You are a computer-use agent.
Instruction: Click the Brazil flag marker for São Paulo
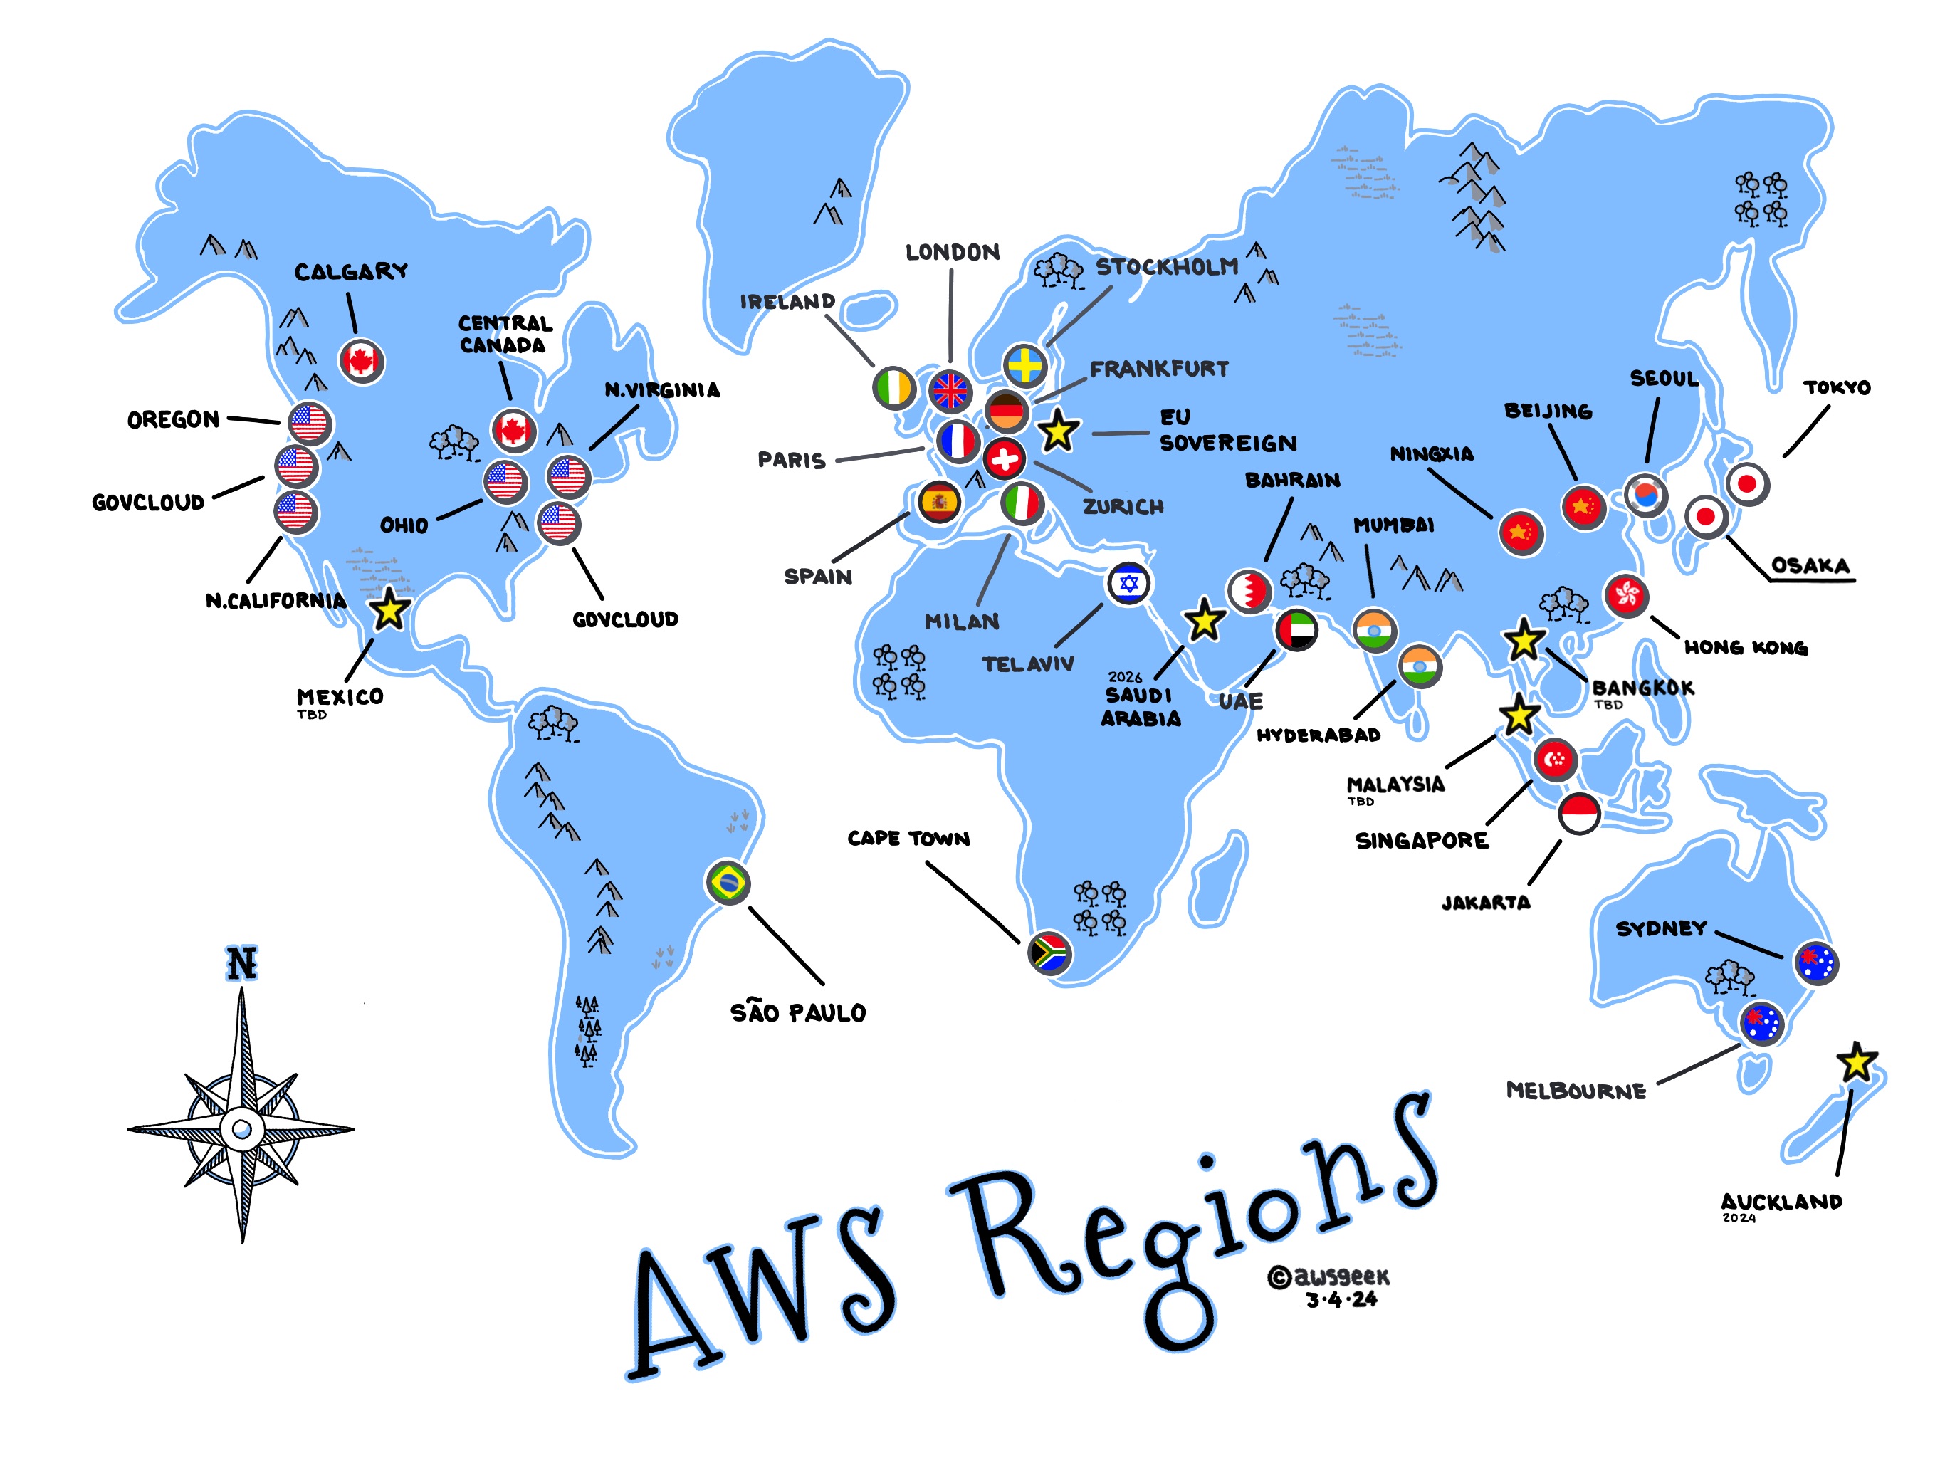point(728,882)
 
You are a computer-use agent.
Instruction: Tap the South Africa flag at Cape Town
point(1049,953)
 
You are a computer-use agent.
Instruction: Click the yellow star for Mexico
point(389,609)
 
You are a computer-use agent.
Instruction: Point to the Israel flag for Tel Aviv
point(1129,583)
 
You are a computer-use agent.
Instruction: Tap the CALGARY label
point(351,272)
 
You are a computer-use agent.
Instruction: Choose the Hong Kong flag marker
point(1626,595)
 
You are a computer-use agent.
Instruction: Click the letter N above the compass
point(243,963)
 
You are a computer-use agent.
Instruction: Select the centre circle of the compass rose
point(243,1129)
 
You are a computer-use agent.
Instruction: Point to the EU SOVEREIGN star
point(1058,431)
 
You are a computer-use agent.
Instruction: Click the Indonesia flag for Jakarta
point(1579,814)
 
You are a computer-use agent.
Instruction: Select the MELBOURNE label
point(1576,1091)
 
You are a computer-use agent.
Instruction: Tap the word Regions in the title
point(1196,1231)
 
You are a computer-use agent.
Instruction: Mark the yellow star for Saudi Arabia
point(1205,621)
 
